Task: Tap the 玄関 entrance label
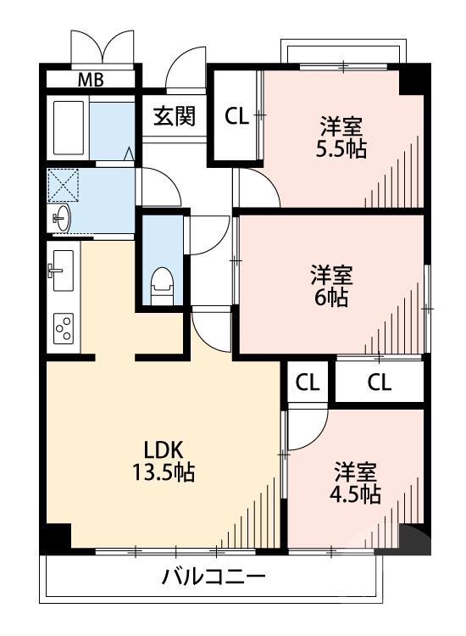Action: point(174,116)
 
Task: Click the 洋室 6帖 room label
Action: point(331,286)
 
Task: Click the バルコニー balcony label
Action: point(214,579)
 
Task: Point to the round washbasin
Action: point(62,219)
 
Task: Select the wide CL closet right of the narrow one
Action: point(379,382)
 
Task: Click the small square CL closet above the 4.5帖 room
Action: point(308,382)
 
